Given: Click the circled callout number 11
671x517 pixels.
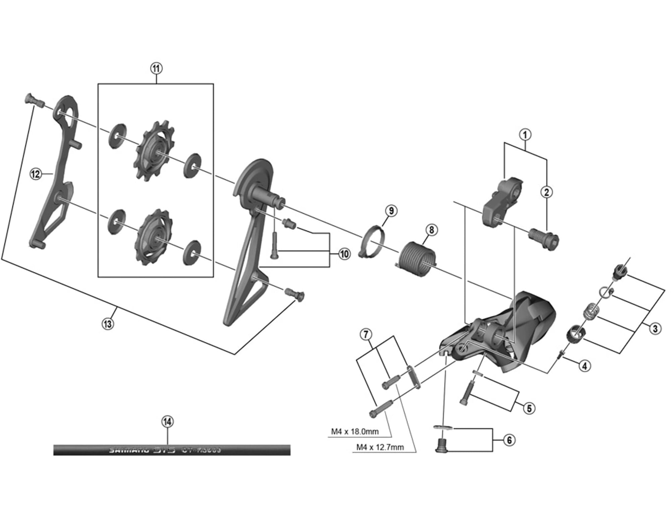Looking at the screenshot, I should pos(156,68).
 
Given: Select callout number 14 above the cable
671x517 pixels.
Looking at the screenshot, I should pos(167,422).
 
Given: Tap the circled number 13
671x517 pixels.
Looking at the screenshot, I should pos(108,324).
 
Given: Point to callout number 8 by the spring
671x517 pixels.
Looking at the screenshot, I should pos(432,230).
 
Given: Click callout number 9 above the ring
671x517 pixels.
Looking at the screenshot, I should pos(391,211).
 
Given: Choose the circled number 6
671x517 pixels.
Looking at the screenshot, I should pos(509,440).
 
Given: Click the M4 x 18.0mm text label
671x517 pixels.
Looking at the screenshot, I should pos(355,431).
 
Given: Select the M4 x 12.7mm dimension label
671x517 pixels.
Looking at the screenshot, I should pos(380,447).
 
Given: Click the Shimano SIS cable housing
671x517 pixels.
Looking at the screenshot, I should pos(172,450).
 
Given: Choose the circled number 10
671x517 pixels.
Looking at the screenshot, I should pos(344,254).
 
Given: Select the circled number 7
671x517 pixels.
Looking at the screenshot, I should pos(366,334).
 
